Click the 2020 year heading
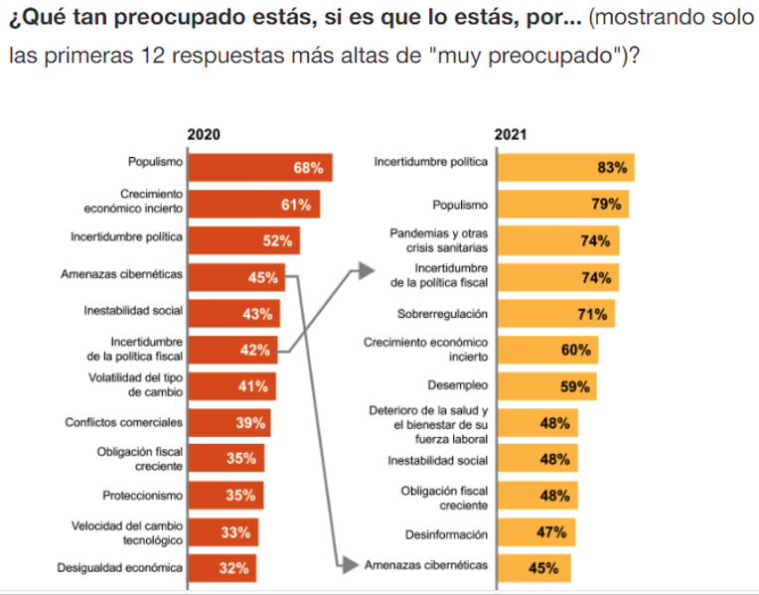[x=204, y=135]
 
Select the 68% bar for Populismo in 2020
[x=259, y=168]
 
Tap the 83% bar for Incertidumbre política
[x=564, y=168]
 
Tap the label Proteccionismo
[x=142, y=495]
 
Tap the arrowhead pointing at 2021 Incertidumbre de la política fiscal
[x=365, y=268]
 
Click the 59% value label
[x=576, y=386]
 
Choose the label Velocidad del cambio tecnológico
[x=126, y=532]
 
